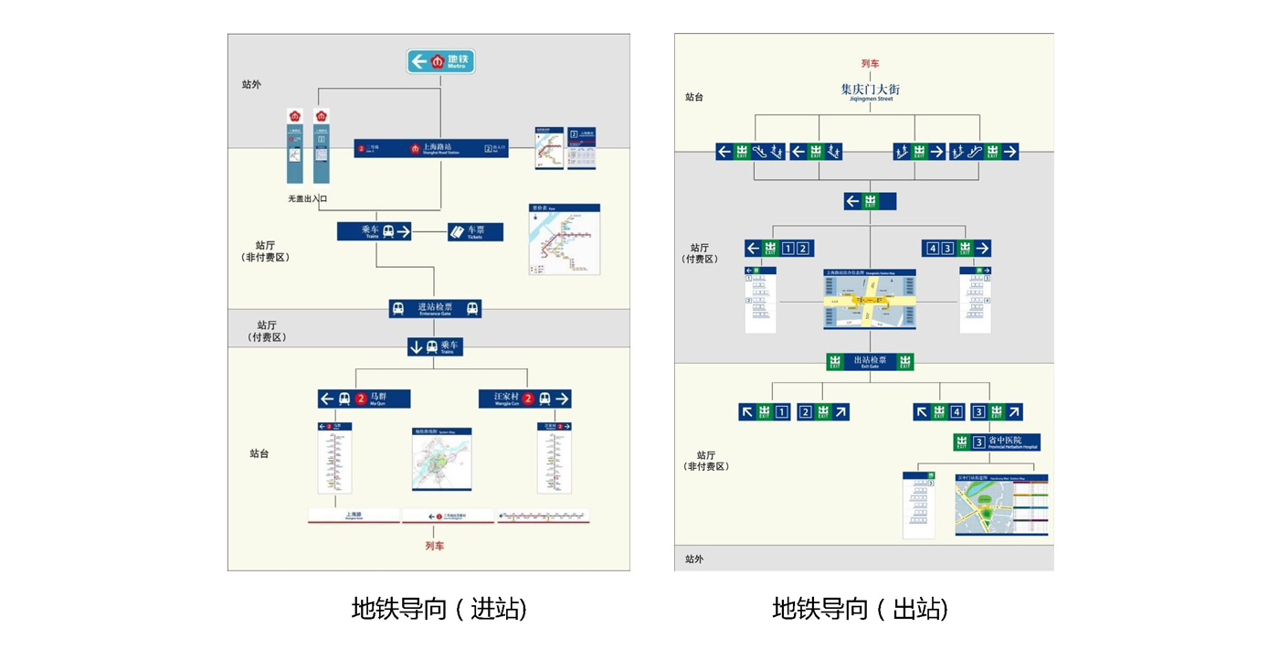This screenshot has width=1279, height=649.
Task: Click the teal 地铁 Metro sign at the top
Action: click(440, 61)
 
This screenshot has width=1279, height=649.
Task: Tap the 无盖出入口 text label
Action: click(307, 198)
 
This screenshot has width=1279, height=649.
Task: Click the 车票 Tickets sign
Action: click(475, 232)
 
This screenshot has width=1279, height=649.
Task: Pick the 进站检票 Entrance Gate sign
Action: click(435, 308)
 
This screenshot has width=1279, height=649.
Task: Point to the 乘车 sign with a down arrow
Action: click(435, 347)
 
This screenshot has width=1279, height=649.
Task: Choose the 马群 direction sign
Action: click(364, 399)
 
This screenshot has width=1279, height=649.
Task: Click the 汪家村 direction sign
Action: click(524, 399)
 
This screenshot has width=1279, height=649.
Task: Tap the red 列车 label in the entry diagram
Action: click(435, 546)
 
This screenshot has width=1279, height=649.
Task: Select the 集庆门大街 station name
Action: click(870, 90)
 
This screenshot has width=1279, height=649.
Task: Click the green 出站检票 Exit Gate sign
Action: click(870, 362)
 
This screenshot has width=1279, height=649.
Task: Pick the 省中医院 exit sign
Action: click(996, 442)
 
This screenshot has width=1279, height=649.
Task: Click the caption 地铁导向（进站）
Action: click(439, 609)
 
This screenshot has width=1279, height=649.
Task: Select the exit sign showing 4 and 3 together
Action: click(957, 249)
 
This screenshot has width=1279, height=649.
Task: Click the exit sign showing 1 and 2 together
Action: click(779, 249)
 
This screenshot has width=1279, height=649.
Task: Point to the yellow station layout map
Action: click(870, 299)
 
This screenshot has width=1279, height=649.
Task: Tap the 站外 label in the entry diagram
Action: click(251, 85)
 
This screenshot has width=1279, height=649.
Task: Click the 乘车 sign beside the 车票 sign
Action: click(375, 232)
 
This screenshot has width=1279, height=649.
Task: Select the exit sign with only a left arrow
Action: click(870, 201)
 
